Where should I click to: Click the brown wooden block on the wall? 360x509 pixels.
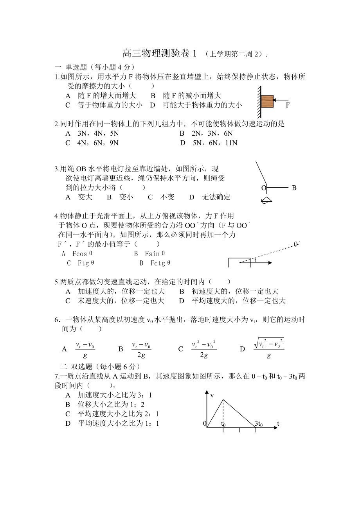click(267, 101)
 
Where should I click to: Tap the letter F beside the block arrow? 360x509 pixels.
click(288, 105)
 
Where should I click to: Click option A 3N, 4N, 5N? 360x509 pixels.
click(93, 134)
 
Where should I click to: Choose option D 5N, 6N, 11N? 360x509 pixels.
click(209, 143)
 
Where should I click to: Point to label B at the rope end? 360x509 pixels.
click(294, 188)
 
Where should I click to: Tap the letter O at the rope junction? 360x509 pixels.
click(263, 188)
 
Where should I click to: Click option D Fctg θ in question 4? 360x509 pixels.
click(155, 263)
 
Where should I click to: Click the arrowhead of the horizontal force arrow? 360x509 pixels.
click(270, 263)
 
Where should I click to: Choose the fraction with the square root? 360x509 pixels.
click(268, 348)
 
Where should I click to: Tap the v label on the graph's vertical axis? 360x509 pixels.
click(212, 396)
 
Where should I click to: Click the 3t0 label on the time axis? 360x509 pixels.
click(259, 424)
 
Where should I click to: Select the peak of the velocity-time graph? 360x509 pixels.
click(223, 400)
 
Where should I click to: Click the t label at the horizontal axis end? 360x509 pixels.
click(278, 423)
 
